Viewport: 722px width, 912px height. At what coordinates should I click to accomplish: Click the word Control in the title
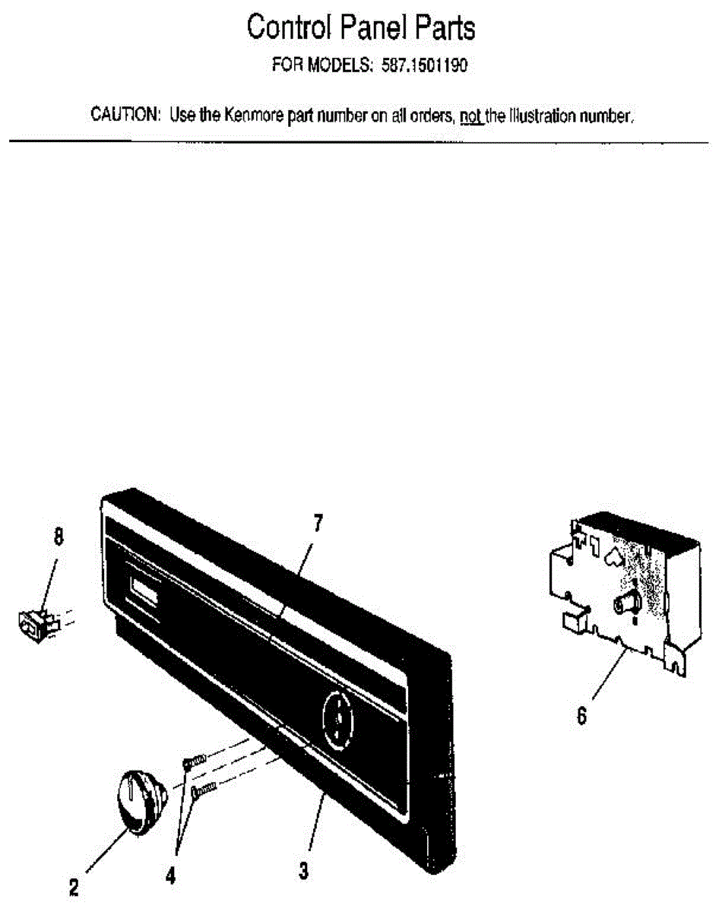click(x=290, y=28)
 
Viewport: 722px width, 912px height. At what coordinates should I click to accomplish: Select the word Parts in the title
click(x=443, y=28)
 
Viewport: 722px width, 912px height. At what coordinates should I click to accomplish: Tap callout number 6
click(x=581, y=716)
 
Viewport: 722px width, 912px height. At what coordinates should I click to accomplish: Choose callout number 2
click(x=74, y=886)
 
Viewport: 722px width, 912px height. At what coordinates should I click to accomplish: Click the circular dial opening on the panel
click(x=336, y=716)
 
